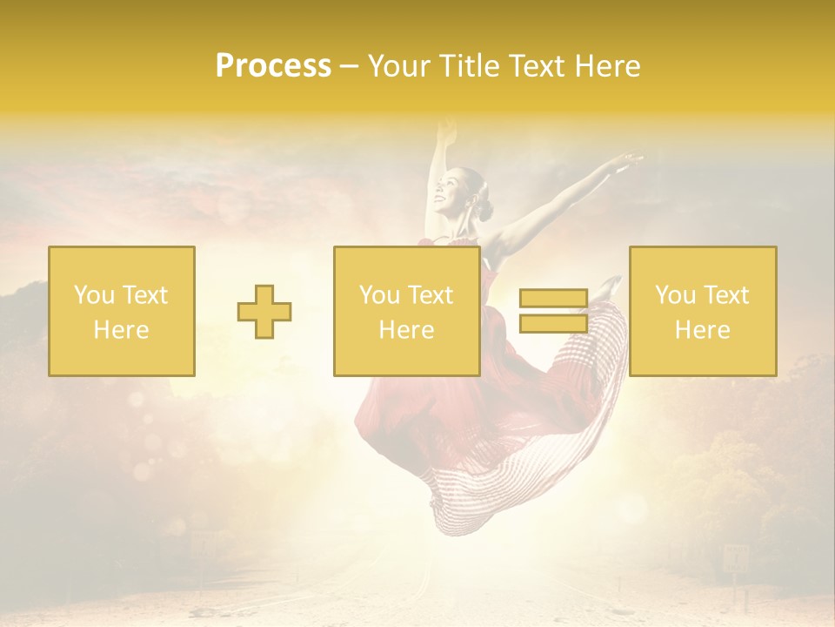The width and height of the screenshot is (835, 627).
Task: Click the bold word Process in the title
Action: pos(273,66)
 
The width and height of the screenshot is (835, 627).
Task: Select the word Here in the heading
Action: pos(605,66)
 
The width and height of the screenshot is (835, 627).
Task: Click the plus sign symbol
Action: pos(264,312)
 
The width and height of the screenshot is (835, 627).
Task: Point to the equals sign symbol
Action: pos(553,311)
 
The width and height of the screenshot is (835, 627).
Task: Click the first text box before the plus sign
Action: pos(122,311)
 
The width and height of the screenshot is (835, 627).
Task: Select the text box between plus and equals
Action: pos(406,311)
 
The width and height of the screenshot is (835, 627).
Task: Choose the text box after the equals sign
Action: pos(702,311)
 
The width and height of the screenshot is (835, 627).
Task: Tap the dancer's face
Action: pos(453,187)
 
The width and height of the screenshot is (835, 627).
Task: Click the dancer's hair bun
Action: pos(484,209)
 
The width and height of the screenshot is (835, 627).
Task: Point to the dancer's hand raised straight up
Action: pos(447,131)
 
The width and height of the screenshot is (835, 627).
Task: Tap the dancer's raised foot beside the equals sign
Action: pos(610,285)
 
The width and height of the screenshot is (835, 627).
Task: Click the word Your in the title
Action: pos(397,66)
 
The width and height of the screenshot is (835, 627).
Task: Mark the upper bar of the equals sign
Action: pos(553,299)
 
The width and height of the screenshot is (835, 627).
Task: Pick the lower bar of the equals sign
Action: pos(553,322)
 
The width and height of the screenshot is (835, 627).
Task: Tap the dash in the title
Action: pos(349,67)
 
